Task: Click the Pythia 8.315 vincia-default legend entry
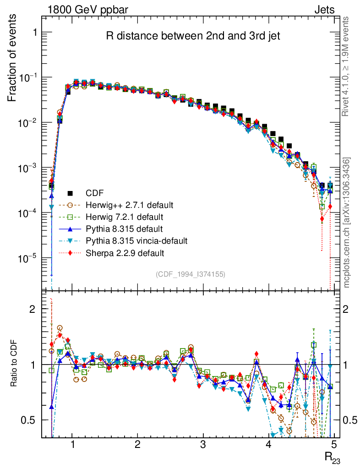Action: [x=136, y=240]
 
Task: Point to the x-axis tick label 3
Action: [x=203, y=445]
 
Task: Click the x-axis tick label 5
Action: [x=334, y=445]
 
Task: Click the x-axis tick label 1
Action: [x=72, y=445]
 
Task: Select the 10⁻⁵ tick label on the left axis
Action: [x=27, y=259]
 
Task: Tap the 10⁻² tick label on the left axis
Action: [x=27, y=123]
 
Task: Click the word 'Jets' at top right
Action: [x=324, y=9]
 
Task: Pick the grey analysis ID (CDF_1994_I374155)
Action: [x=190, y=274]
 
